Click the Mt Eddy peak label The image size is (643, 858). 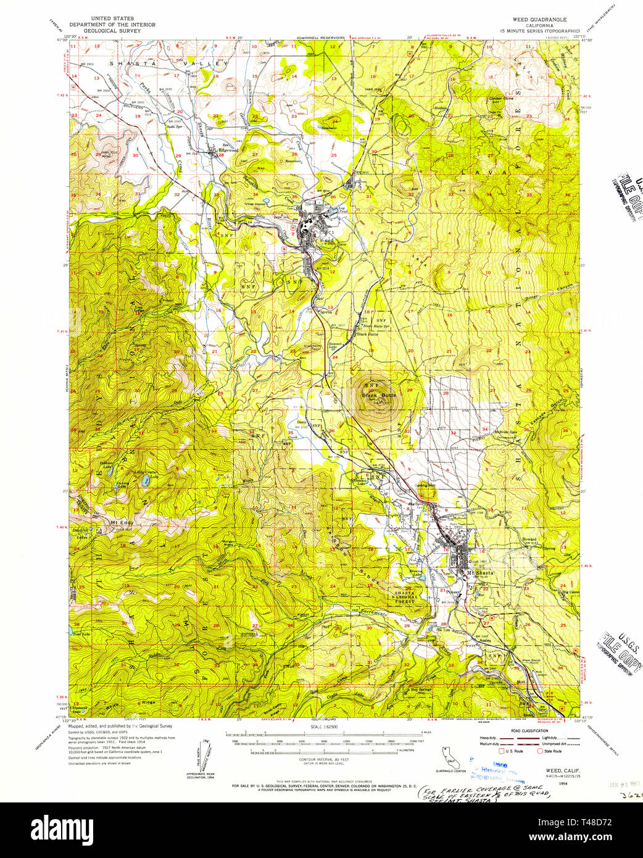122,523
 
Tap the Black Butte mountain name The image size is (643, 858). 379,394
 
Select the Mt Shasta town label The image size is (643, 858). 480,573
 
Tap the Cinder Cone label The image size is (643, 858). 500,98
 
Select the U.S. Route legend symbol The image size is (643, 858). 501,751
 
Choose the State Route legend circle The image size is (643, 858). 540,751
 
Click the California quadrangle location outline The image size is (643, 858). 449,757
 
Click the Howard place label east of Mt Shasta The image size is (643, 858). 529,539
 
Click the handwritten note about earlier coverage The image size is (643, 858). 483,794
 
